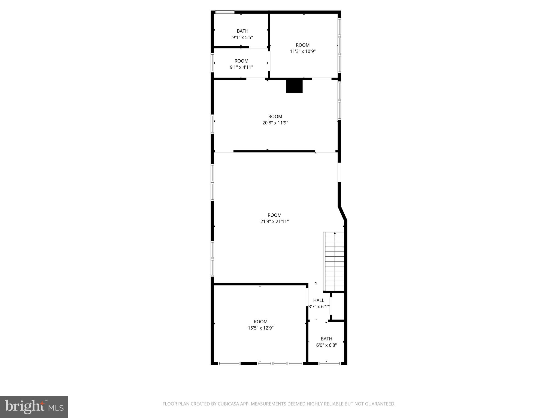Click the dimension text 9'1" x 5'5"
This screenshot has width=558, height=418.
pyautogui.click(x=242, y=38)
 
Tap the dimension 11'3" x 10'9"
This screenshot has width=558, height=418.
pyautogui.click(x=302, y=51)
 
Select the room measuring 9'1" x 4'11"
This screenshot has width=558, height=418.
pyautogui.click(x=241, y=64)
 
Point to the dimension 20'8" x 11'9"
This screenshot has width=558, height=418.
pyautogui.click(x=275, y=123)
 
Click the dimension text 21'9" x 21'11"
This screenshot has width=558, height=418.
pyautogui.click(x=274, y=222)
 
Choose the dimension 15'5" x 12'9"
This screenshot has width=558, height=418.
pyautogui.click(x=260, y=328)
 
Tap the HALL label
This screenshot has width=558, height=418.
pyautogui.click(x=319, y=300)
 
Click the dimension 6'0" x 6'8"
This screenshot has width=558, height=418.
pyautogui.click(x=326, y=345)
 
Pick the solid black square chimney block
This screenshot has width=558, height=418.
pyautogui.click(x=294, y=86)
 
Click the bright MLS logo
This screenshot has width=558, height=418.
pyautogui.click(x=34, y=407)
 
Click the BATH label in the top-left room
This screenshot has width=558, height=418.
pyautogui.click(x=242, y=31)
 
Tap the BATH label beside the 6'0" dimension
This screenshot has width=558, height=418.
pyautogui.click(x=326, y=339)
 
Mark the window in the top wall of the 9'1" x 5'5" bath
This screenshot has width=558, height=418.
pyautogui.click(x=225, y=12)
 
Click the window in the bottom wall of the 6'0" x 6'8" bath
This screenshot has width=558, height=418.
pyautogui.click(x=329, y=363)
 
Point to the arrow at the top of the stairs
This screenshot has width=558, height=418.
pyautogui.click(x=335, y=233)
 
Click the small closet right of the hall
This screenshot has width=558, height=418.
pyautogui.click(x=338, y=306)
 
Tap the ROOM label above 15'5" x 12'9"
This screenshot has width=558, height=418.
pyautogui.click(x=260, y=322)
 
